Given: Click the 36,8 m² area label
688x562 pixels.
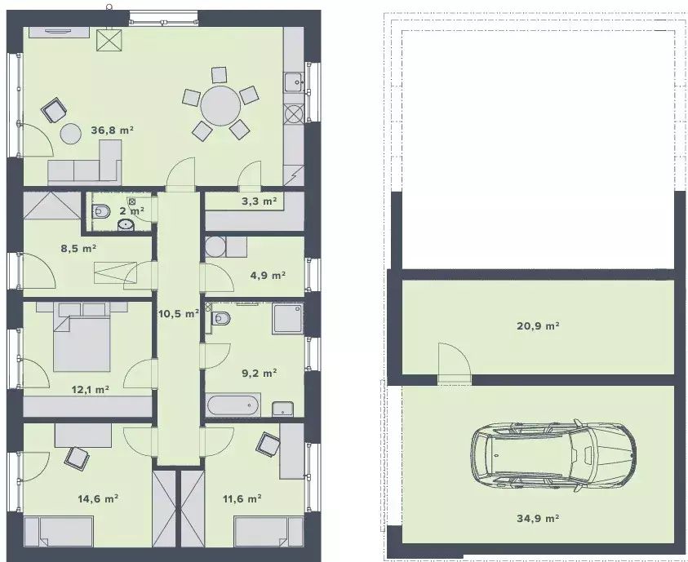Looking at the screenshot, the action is coord(112,131).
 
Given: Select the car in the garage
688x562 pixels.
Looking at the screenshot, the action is coord(553,454).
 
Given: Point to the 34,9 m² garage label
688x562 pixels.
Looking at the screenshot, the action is coord(538,519).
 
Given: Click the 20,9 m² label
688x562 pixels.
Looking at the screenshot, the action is coord(538,325).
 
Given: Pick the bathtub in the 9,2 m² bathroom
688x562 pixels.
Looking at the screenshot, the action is coord(234,405).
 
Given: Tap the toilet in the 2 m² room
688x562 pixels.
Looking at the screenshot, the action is coord(101,212).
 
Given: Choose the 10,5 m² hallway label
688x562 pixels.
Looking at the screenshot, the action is coord(178,314).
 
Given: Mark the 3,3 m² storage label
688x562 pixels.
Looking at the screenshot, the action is coord(260,201).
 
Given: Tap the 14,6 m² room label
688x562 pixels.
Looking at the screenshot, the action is coord(98,499).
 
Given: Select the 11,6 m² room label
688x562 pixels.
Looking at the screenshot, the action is coord(242,499).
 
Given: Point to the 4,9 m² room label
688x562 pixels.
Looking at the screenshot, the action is coord(268,276).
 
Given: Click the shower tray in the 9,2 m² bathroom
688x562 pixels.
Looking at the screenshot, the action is coord(288,319).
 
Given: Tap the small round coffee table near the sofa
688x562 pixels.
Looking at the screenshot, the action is coord(69,134).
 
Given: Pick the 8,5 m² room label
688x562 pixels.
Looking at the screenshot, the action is coord(78,249).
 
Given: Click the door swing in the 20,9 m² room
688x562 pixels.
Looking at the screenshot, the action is coord(454,359).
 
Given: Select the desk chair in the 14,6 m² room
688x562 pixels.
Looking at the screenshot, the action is coord(77,458).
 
